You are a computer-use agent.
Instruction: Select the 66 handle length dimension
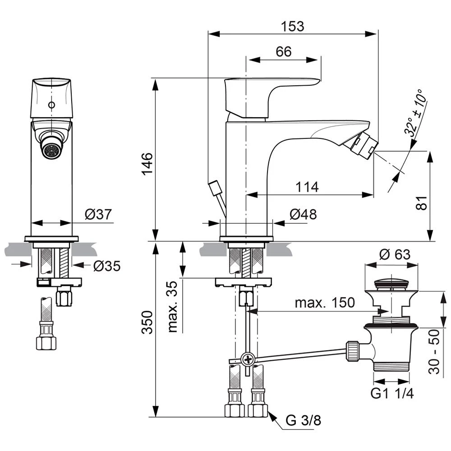tap(284, 51)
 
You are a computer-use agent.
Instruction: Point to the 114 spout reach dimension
tap(307, 186)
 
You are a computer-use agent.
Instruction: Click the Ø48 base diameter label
tap(303, 215)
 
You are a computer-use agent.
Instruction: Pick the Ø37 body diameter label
tap(98, 215)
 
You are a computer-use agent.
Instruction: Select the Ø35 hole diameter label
tap(107, 267)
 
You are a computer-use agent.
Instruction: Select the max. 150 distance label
tap(325, 302)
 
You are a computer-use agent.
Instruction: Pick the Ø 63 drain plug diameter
tap(395, 254)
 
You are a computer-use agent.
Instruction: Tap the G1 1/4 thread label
tap(392, 393)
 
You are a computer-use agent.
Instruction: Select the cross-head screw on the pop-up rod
tap(248, 359)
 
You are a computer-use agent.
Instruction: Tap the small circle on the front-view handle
tap(51, 105)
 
